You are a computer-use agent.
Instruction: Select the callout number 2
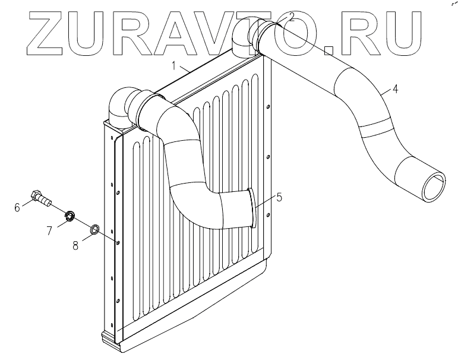click(x=291, y=17)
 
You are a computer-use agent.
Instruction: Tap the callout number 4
click(x=395, y=91)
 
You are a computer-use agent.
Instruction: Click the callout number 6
click(x=17, y=207)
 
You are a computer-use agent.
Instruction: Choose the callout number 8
click(x=75, y=244)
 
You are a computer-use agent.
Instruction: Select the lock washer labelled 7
click(x=70, y=216)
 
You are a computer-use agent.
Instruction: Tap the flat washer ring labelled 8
click(x=94, y=229)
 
